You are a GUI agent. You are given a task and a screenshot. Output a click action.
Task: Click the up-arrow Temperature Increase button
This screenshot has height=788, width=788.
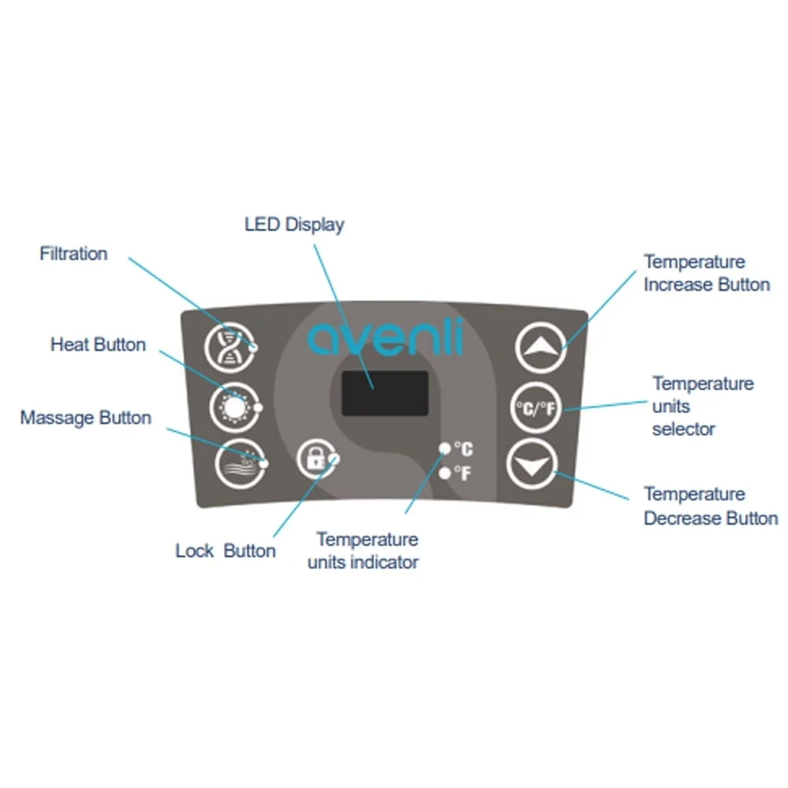pyautogui.click(x=541, y=346)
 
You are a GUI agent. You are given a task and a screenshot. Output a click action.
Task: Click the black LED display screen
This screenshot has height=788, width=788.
pyautogui.click(x=385, y=392)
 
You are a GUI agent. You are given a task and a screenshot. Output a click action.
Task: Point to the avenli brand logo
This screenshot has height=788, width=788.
pyautogui.click(x=385, y=336)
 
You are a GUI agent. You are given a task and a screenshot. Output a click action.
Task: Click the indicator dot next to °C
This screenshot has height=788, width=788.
pyautogui.click(x=445, y=448)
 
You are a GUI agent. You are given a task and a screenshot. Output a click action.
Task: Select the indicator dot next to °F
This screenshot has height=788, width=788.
pyautogui.click(x=445, y=473)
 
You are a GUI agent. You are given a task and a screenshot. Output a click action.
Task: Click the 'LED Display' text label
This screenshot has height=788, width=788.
pyautogui.click(x=294, y=225)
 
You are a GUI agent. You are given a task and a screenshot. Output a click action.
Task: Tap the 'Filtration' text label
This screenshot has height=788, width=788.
pyautogui.click(x=73, y=254)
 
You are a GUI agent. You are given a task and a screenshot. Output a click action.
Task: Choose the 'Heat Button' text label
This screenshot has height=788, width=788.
pyautogui.click(x=98, y=344)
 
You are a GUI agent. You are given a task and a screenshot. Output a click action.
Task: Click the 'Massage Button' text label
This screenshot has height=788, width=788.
pyautogui.click(x=86, y=417)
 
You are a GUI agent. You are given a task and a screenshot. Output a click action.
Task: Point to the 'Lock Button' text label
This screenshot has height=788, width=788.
pyautogui.click(x=225, y=551)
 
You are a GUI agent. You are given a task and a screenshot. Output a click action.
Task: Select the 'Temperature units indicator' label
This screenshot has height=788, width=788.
pyautogui.click(x=366, y=551)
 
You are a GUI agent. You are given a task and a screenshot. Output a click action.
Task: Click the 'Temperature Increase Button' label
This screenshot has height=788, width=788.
pyautogui.click(x=706, y=273)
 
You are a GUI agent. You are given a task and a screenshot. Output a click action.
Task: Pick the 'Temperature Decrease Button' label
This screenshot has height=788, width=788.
pyautogui.click(x=710, y=506)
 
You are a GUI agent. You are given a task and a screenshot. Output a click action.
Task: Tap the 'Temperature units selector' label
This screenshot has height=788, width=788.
pyautogui.click(x=702, y=406)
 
